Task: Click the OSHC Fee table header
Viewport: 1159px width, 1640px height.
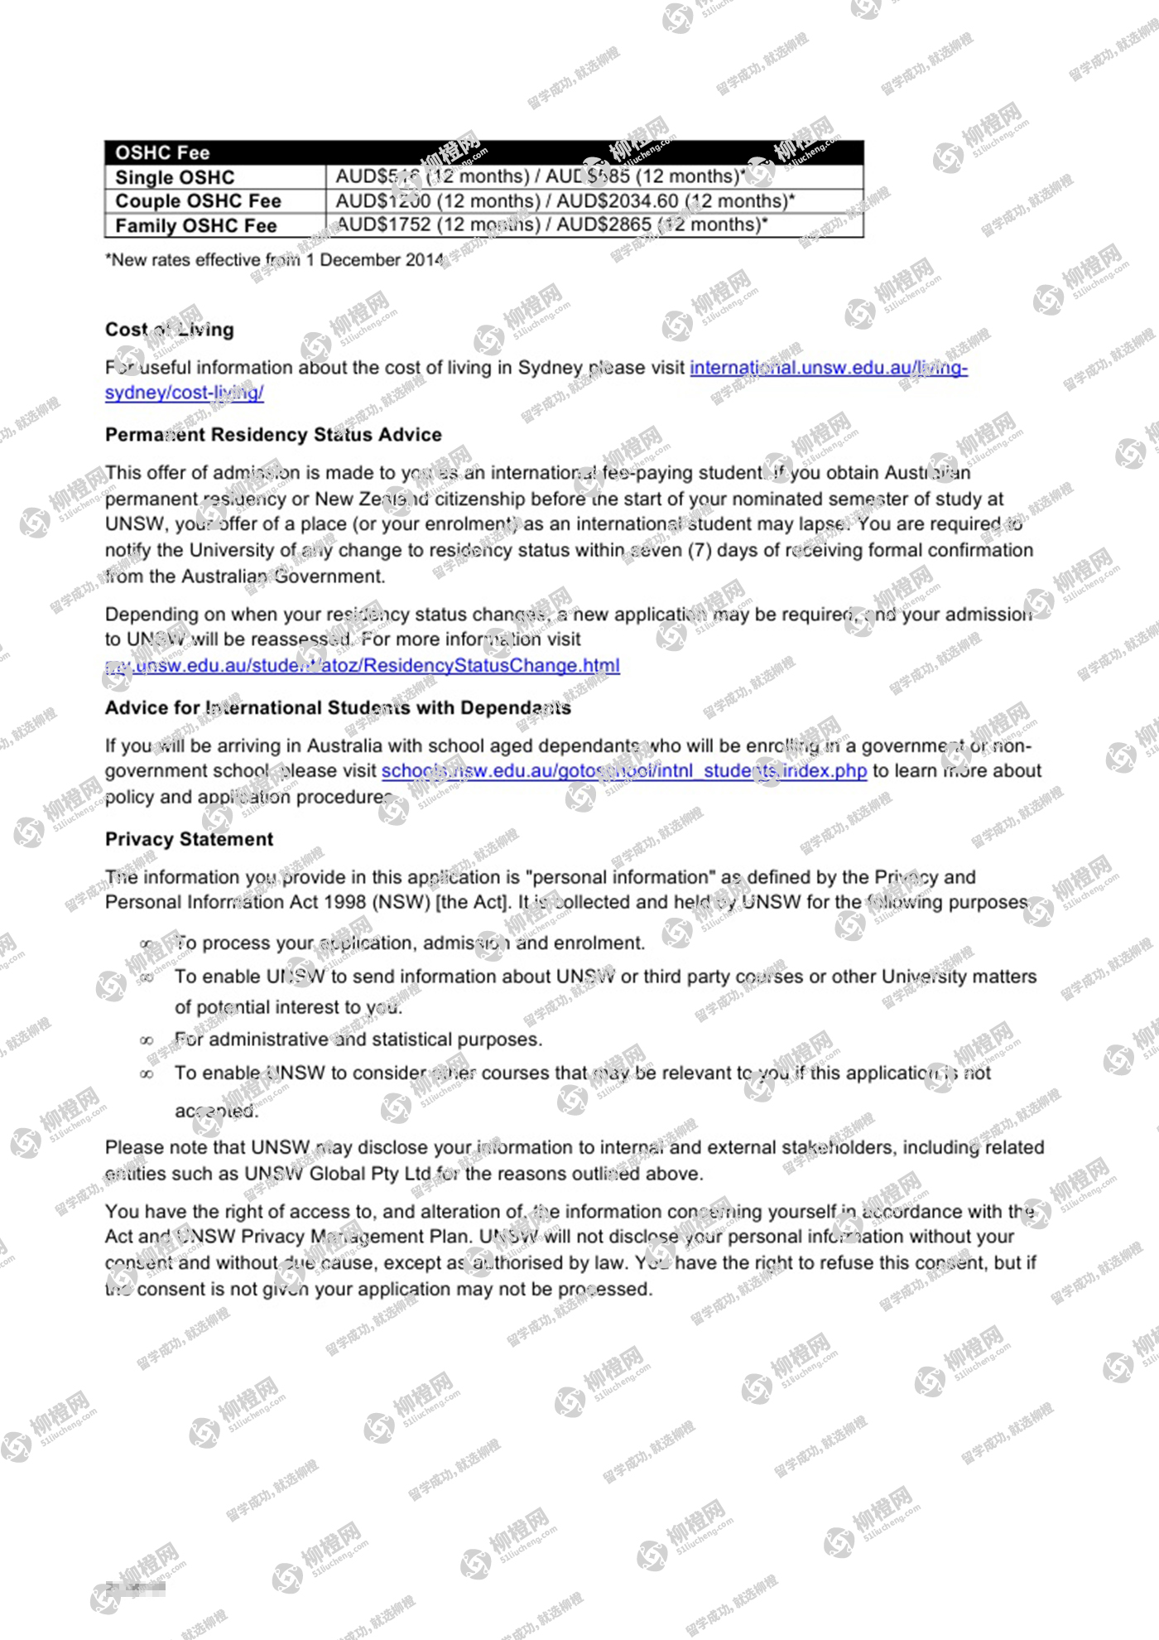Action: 162,152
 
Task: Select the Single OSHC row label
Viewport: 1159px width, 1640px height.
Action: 175,177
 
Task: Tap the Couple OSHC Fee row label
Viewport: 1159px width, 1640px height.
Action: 198,201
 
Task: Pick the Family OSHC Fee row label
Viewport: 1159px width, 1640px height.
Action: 195,226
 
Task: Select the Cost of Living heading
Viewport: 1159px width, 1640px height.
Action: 170,330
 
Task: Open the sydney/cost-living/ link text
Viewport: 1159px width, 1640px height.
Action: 184,393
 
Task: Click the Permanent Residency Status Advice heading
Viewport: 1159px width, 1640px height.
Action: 273,435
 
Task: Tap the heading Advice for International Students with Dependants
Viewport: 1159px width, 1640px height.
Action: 338,708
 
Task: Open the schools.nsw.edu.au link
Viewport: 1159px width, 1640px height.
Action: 623,771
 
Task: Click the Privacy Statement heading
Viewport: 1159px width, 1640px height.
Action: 189,839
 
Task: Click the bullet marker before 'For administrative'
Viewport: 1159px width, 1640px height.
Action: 147,1040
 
